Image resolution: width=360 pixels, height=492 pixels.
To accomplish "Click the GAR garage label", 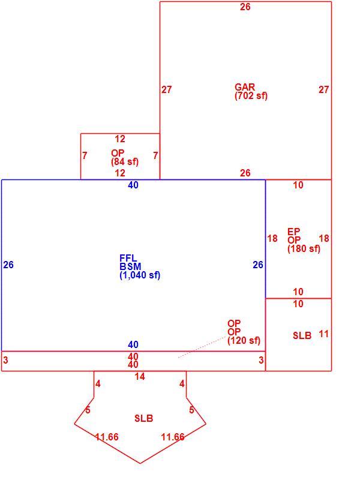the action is tap(245, 87).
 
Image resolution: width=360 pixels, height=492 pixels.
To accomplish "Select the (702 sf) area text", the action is tap(251, 96).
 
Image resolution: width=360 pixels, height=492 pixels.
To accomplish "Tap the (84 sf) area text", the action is tap(125, 161).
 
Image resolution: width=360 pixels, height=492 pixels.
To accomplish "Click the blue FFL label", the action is tap(128, 258).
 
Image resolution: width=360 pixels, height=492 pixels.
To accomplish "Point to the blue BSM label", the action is tap(130, 267).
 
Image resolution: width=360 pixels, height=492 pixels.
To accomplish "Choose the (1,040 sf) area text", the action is tap(140, 275).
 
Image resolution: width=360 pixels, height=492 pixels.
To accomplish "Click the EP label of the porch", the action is tap(294, 232).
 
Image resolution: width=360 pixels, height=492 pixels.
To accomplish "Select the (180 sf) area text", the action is tap(304, 249).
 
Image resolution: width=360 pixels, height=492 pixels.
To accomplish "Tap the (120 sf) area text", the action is tap(244, 340).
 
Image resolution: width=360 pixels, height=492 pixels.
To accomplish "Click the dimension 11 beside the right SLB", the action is tap(323, 334).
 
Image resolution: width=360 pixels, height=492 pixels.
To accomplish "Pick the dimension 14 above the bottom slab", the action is tap(140, 376).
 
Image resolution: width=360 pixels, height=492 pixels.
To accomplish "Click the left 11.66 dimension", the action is tap(107, 437).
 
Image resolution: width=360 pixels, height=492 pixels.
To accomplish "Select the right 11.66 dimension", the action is tap(173, 437).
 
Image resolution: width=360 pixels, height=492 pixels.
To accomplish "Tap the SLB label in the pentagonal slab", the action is tap(144, 418).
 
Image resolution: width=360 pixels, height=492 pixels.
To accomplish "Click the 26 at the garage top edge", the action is tap(245, 7).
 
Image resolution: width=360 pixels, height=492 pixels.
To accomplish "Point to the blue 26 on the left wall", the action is tap(8, 265).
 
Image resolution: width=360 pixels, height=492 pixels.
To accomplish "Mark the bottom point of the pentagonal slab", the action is tap(140, 463).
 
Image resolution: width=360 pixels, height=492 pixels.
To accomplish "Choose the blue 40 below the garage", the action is tap(133, 185).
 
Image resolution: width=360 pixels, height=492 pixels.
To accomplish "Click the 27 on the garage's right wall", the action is tap(324, 90).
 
